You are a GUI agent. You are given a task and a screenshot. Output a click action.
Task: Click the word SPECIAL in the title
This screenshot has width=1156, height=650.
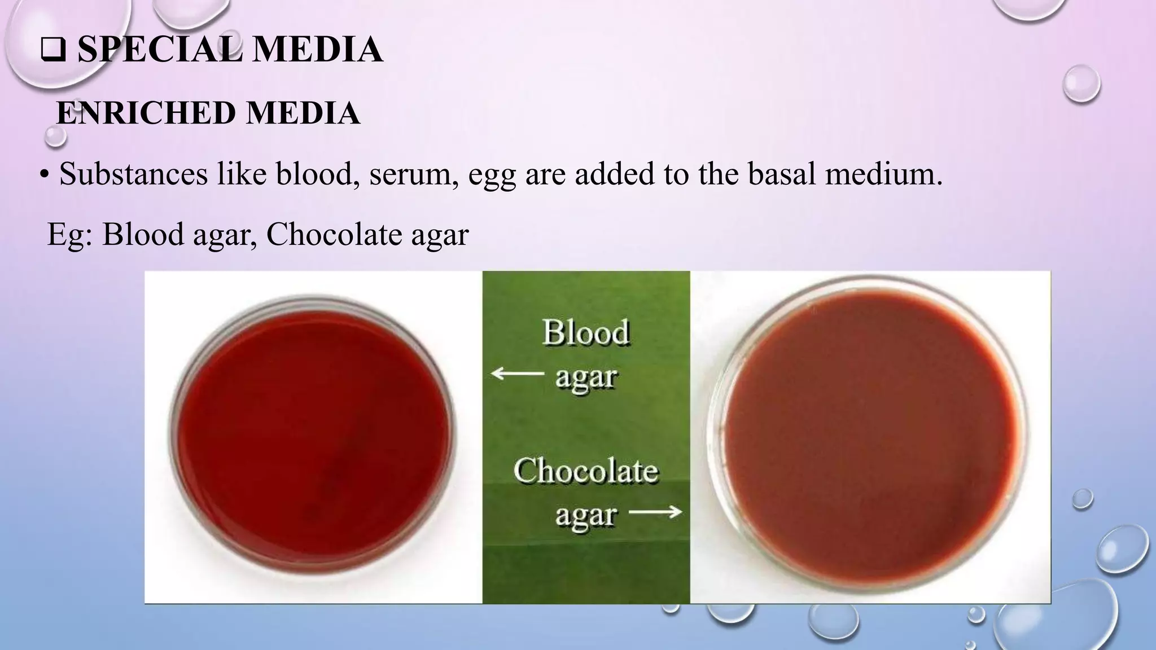pos(160,49)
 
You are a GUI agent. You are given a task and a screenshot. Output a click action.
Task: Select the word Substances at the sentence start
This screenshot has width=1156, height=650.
pos(133,173)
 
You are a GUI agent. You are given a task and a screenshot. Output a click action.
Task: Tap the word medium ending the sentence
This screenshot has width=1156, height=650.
pos(884,173)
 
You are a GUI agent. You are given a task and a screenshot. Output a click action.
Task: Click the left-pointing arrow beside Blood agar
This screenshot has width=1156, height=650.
pos(518,373)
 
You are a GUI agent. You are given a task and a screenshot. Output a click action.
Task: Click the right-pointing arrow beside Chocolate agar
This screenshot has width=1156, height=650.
pos(655,512)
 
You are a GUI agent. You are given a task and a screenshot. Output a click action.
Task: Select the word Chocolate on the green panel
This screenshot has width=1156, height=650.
pos(586,471)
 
